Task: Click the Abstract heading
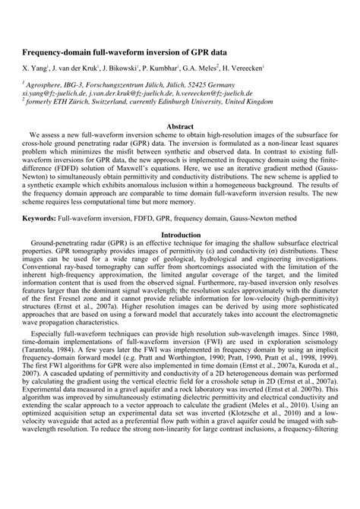(180, 124)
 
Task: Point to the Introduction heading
(180, 236)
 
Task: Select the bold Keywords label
(44, 217)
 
